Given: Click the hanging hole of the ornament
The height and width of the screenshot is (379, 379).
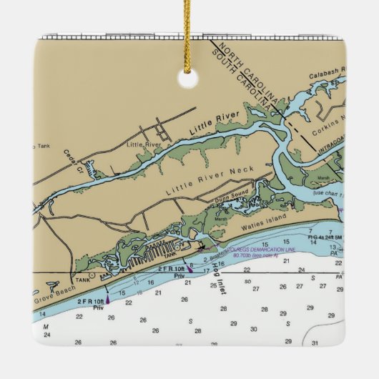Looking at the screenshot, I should point(187,78).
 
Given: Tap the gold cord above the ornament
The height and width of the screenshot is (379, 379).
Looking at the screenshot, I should point(187,29).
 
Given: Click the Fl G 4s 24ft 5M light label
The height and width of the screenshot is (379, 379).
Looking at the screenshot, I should point(325,235).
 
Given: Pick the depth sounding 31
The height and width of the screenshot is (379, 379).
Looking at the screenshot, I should point(315,343).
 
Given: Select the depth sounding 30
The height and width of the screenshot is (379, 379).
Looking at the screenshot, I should point(253,329).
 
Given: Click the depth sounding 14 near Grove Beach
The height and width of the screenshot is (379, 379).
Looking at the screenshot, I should point(44,314).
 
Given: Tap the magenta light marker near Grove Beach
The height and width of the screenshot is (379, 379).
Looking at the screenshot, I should point(107,300).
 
